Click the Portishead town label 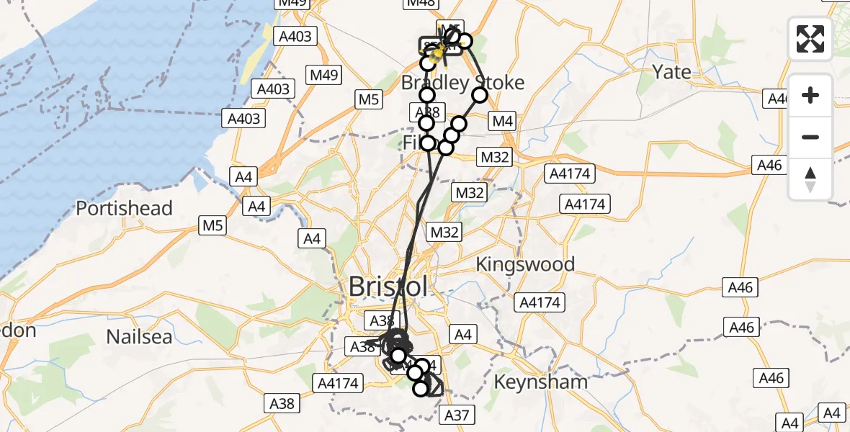tap(125, 209)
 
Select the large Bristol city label tap(388, 287)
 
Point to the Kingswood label tap(525, 264)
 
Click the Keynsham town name tap(540, 382)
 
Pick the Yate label tap(671, 72)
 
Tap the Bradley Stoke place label tap(462, 83)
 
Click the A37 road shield tap(457, 415)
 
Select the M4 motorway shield tap(501, 121)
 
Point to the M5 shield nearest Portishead tap(212, 226)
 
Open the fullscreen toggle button tap(810, 38)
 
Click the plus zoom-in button tap(810, 95)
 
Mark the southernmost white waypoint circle tap(421, 389)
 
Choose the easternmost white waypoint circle tap(480, 95)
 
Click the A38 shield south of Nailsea tap(282, 403)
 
